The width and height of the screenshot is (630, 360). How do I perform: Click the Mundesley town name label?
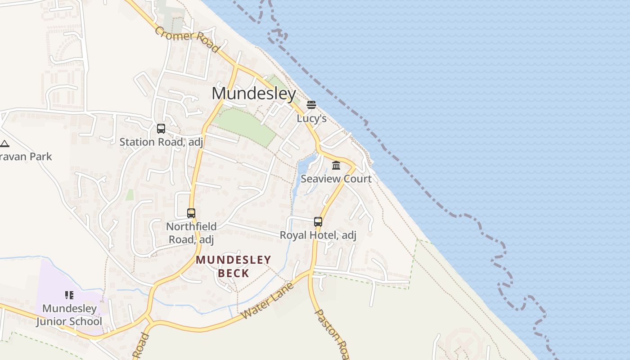[x=254, y=94]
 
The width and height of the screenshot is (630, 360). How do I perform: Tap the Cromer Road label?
[x=187, y=40]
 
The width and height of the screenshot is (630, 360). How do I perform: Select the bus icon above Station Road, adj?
[x=161, y=129]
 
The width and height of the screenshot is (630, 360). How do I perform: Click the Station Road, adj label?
[x=161, y=142]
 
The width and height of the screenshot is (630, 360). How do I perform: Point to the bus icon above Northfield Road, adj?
[x=191, y=213]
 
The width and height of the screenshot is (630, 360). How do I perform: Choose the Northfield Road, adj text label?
[x=191, y=233]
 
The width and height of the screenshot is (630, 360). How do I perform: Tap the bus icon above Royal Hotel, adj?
[x=318, y=221]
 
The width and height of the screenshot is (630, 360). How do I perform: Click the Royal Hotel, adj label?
[x=318, y=235]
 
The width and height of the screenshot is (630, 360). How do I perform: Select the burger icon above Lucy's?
[x=311, y=105]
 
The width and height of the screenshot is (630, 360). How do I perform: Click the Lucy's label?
[x=311, y=118]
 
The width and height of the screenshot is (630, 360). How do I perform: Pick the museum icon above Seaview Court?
[x=336, y=166]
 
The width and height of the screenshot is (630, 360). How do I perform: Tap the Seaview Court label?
[x=336, y=179]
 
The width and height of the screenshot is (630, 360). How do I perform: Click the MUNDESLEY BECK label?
[x=234, y=266]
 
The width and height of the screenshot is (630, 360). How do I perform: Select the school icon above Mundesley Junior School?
[x=69, y=295]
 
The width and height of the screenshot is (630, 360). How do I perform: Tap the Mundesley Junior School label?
[x=69, y=315]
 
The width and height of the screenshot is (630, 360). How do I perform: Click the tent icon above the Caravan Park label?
[x=4, y=144]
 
